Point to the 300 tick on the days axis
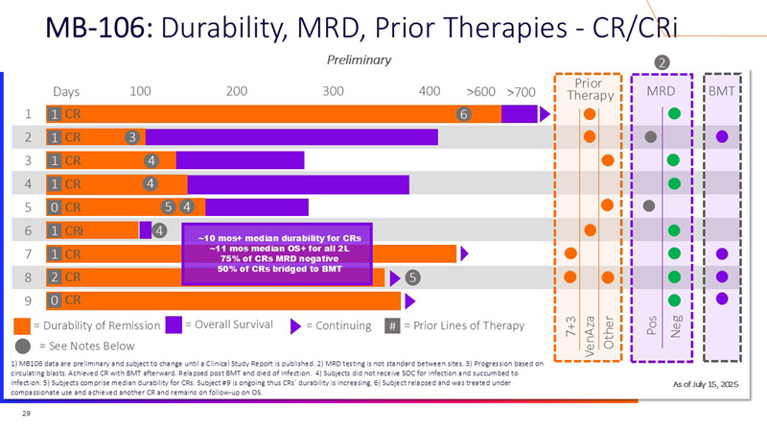[333, 91]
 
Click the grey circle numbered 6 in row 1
[464, 114]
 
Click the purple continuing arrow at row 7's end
[464, 253]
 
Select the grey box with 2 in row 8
[56, 277]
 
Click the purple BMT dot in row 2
[722, 136]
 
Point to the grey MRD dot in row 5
[649, 205]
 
